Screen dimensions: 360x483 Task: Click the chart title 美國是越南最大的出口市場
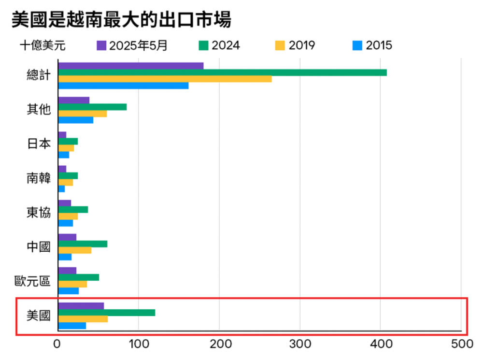tap(121, 20)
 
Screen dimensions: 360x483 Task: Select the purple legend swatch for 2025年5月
tap(101, 46)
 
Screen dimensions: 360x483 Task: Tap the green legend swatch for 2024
tap(203, 46)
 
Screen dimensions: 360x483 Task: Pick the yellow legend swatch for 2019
tap(280, 46)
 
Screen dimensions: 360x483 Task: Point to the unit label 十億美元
tap(43, 46)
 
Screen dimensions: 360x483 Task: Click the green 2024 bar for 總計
tap(222, 72)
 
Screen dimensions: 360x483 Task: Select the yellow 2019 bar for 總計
tap(165, 79)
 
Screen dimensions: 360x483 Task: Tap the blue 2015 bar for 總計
tap(123, 86)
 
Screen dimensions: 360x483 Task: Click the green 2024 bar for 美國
tap(106, 313)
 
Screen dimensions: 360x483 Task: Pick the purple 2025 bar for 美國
tap(81, 306)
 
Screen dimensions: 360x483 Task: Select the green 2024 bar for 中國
tap(83, 244)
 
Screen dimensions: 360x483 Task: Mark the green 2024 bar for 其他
tap(92, 107)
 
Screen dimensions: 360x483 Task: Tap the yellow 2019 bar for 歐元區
tap(72, 285)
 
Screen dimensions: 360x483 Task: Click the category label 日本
tap(38, 144)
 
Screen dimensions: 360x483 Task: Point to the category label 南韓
tap(38, 178)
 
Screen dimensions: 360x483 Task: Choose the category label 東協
tap(38, 213)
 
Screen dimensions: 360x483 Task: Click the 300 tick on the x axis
tap(299, 345)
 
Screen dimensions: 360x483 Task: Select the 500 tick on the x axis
tap(461, 345)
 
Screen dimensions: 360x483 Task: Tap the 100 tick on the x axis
tap(138, 345)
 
